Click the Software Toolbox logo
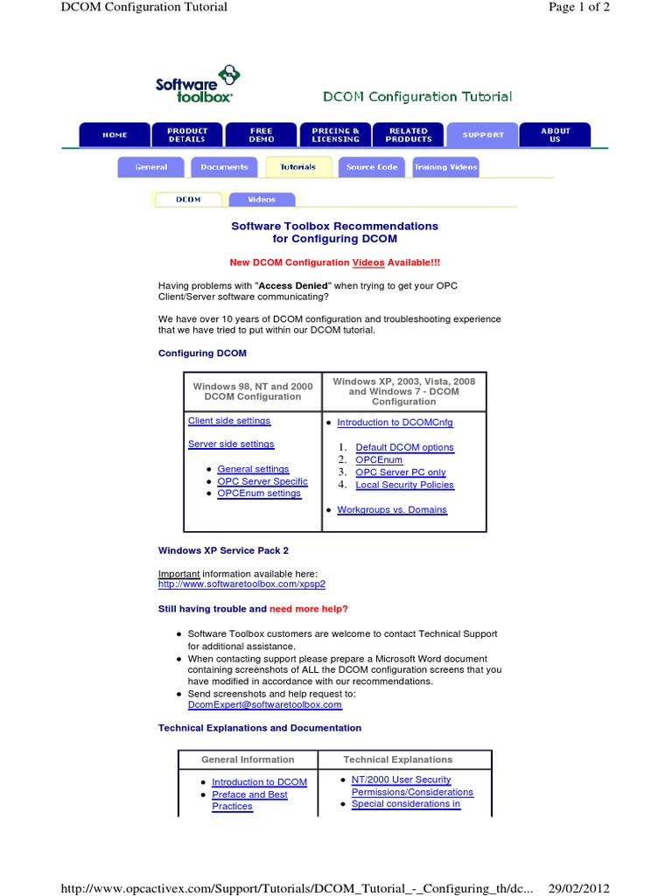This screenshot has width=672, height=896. pos(196,85)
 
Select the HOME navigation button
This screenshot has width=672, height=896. pos(115,135)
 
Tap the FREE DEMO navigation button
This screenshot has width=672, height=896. pos(261,135)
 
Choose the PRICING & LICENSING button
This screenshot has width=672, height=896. pos(335,135)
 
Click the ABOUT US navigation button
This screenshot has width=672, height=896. pos(555,135)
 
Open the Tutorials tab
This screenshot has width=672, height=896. pos(297,167)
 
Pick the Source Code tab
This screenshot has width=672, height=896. pos(372,167)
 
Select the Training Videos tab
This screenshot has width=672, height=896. pos(446,167)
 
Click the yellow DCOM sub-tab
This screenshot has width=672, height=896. pos(188,199)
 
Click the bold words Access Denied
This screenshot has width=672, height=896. pos(293,285)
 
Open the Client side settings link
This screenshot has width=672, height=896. pos(229,421)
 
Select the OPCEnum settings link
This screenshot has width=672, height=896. pos(259,493)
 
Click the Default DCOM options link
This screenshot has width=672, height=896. pos(404,447)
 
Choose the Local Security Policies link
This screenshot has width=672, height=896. pos(404,485)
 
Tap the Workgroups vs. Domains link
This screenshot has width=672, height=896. pos(391,509)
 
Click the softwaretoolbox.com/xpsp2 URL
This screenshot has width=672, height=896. pos(235,584)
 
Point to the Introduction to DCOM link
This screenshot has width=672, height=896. pos(259,782)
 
